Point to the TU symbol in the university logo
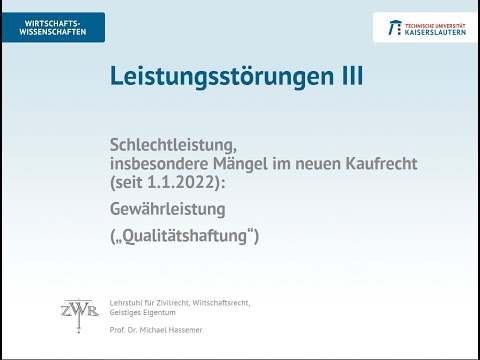(387, 27)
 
